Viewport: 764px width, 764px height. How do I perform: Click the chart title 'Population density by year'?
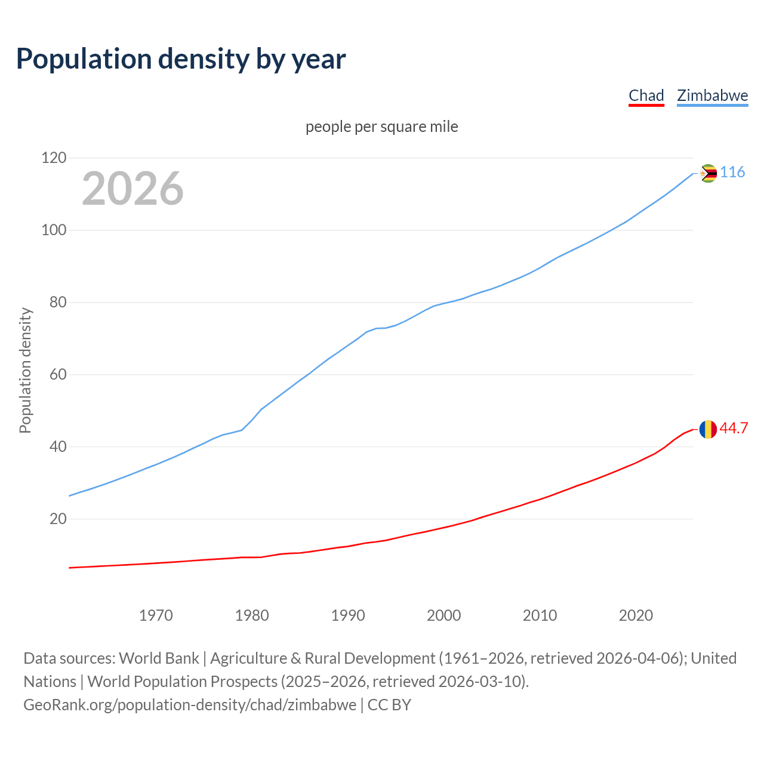point(181,59)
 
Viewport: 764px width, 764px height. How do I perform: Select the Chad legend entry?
point(646,95)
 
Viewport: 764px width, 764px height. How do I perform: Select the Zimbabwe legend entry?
point(712,95)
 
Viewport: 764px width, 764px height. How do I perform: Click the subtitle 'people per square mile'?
point(382,127)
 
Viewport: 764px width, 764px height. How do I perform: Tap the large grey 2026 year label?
point(133,189)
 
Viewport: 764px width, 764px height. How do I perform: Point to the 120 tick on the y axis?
point(54,158)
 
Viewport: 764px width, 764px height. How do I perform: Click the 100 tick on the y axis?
point(54,230)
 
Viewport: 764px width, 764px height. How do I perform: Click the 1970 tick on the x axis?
point(156,615)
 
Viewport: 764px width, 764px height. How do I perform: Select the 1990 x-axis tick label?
point(348,615)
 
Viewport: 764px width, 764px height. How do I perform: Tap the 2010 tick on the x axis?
point(540,615)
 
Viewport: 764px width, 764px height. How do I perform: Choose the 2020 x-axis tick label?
point(636,615)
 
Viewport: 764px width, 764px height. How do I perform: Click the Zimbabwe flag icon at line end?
point(708,173)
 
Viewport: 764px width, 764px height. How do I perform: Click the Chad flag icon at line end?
point(708,429)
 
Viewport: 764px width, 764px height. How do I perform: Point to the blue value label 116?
point(732,172)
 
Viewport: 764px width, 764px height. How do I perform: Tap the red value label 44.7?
point(734,429)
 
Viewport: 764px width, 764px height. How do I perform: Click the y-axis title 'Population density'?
point(25,370)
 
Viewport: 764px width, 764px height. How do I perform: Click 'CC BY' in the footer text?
point(389,704)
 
